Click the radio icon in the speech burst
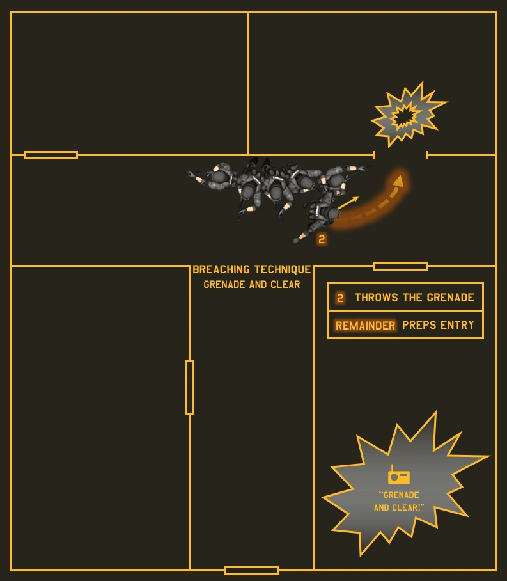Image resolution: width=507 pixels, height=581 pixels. [x=399, y=476]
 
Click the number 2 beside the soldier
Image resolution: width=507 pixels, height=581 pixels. [x=322, y=239]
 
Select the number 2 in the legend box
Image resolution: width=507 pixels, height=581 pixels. [x=340, y=298]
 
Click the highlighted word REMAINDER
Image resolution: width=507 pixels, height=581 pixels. [x=365, y=326]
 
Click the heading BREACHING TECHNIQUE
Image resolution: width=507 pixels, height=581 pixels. [x=252, y=270]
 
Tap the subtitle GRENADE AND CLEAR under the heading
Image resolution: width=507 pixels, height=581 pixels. [x=252, y=285]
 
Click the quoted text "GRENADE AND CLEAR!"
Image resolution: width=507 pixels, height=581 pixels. [x=399, y=501]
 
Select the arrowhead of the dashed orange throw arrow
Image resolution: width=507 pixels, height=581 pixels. [x=398, y=180]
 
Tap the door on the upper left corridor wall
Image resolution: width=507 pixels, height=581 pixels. [x=51, y=155]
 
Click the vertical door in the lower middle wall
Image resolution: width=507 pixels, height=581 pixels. [x=190, y=387]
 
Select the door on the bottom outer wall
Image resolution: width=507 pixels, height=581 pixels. [x=252, y=570]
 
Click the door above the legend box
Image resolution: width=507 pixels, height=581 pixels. [x=400, y=266]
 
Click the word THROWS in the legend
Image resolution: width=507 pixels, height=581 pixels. [x=377, y=298]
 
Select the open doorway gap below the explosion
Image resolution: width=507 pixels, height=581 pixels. [x=400, y=155]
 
